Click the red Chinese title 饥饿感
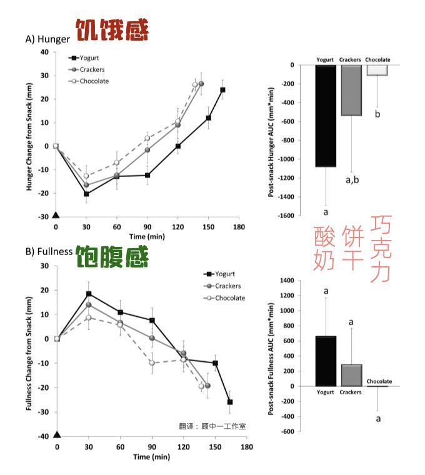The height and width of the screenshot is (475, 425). [112, 31]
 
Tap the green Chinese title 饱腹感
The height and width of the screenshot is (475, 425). [112, 256]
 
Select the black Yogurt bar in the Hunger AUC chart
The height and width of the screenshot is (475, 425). [326, 116]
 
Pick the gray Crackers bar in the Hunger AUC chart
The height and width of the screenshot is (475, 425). [351, 90]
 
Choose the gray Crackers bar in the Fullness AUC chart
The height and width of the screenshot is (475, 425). [351, 375]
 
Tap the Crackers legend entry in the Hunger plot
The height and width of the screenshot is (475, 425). [88, 69]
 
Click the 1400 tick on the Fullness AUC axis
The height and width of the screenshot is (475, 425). [285, 281]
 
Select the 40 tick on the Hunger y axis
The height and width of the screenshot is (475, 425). [44, 52]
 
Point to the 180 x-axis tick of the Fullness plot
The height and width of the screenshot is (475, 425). [247, 447]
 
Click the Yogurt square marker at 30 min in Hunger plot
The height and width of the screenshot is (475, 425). [86, 194]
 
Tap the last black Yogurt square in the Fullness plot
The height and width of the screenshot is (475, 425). [230, 402]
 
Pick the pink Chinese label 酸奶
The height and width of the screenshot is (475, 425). [326, 248]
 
